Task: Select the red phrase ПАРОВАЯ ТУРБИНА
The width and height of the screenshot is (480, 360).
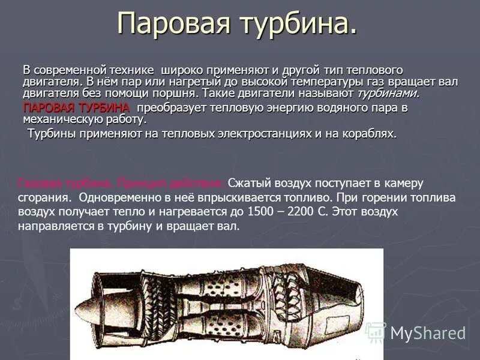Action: tap(76, 108)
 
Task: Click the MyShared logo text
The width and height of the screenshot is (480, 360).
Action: tap(427, 332)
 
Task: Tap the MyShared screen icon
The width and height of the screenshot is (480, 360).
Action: tap(376, 332)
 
